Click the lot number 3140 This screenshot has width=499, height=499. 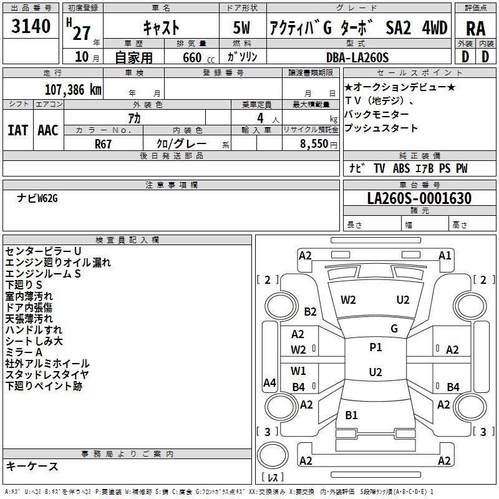[31, 28]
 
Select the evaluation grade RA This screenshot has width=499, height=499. [475, 28]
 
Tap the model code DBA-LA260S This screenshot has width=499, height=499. [357, 57]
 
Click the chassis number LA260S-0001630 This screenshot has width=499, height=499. [419, 198]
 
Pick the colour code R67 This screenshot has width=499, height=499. [103, 143]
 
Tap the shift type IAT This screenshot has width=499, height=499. [17, 130]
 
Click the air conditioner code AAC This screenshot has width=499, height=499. [48, 130]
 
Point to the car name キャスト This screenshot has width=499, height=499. [161, 28]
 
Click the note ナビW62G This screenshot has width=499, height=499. [37, 198]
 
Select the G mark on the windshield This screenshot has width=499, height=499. [394, 328]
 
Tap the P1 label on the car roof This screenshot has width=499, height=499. [375, 347]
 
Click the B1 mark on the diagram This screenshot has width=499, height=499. [352, 415]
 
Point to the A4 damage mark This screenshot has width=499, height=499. [269, 383]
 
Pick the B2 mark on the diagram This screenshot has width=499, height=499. [311, 312]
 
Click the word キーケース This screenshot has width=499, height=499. [32, 467]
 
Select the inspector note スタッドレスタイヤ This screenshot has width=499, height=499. [47, 375]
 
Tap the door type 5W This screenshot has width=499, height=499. [243, 28]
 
